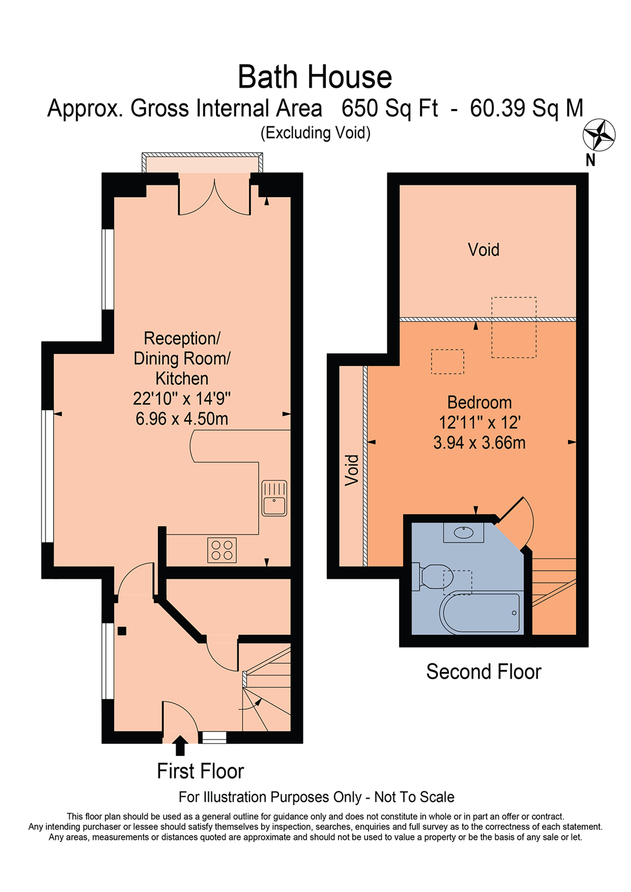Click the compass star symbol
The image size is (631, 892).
click(x=599, y=135)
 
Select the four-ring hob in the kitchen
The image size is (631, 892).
click(x=222, y=550)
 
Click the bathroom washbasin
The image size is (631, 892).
click(x=463, y=533)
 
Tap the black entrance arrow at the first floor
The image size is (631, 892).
click(x=180, y=744)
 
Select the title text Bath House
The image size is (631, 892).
click(x=315, y=77)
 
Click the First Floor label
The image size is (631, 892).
click(x=200, y=771)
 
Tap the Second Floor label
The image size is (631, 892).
click(x=483, y=672)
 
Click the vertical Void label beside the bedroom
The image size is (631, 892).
click(x=352, y=470)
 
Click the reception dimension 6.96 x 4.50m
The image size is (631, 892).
click(x=181, y=419)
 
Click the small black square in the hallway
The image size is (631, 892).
click(x=122, y=631)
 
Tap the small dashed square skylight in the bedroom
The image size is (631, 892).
click(x=447, y=362)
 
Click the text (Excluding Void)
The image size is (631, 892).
click(x=315, y=133)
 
